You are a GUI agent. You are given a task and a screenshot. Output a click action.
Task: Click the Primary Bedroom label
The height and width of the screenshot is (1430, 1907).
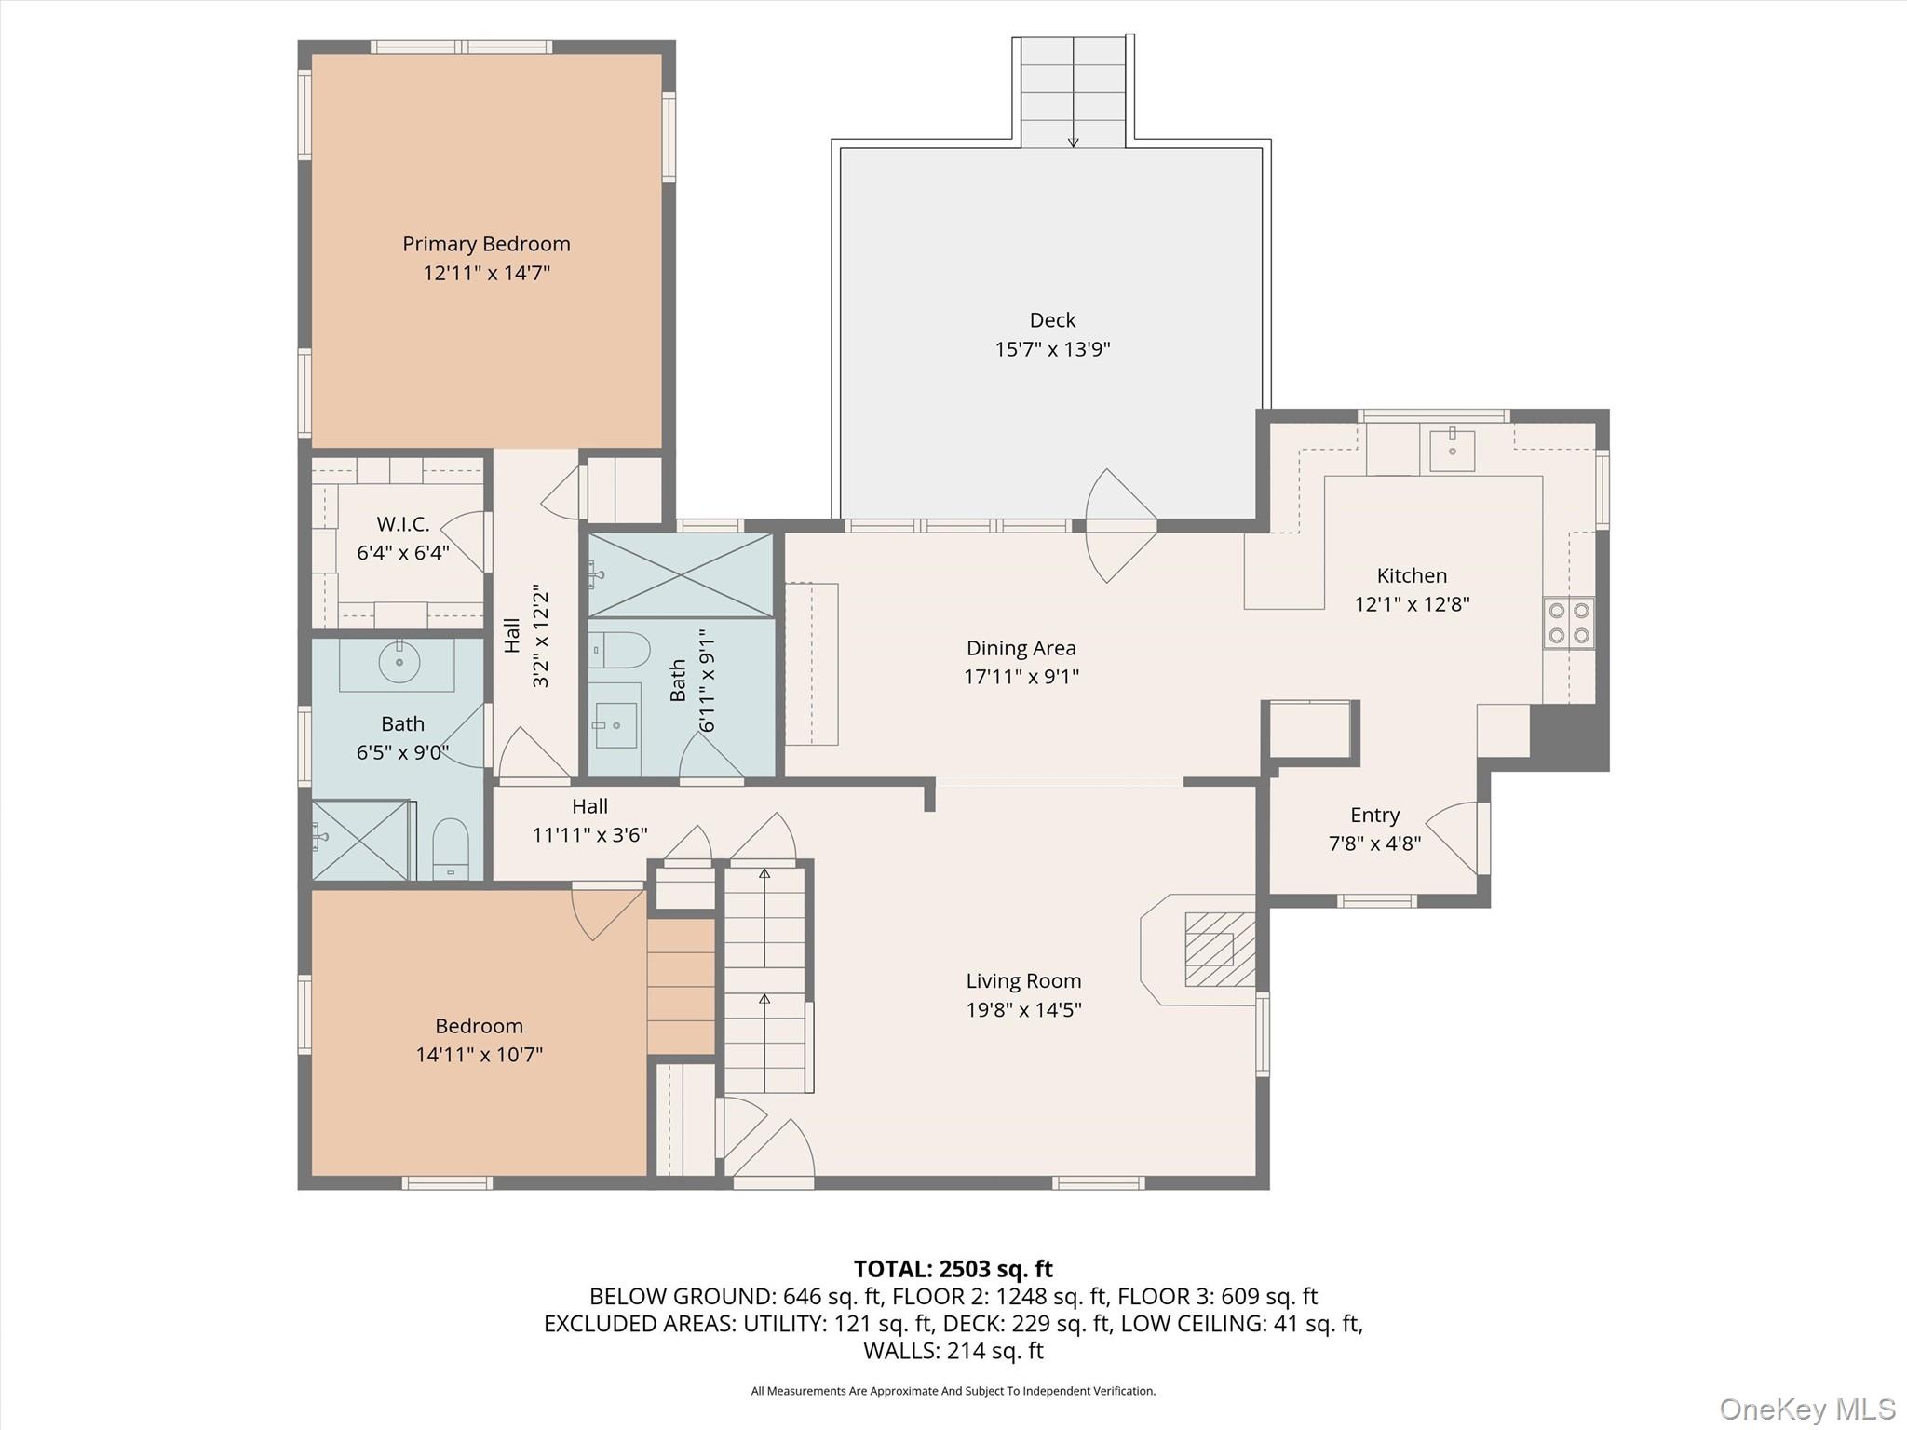(486, 244)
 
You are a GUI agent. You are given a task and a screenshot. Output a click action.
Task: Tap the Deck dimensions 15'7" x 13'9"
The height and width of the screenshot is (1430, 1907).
(1052, 349)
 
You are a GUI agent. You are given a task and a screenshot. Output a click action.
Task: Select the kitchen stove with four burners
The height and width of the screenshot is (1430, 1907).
(1568, 624)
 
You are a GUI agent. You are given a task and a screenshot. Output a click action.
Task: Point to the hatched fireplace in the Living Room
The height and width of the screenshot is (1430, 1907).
(1219, 949)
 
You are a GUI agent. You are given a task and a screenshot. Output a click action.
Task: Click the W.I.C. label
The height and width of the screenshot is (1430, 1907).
(402, 524)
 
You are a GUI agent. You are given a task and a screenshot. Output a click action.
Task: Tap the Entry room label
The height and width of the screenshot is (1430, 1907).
(1374, 816)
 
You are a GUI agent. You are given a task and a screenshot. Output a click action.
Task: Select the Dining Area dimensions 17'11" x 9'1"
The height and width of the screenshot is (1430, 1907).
(1021, 677)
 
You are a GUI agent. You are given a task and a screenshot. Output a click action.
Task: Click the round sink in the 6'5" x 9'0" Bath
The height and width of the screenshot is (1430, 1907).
(399, 662)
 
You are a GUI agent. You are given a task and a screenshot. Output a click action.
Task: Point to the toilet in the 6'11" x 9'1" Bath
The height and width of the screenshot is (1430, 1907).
(620, 650)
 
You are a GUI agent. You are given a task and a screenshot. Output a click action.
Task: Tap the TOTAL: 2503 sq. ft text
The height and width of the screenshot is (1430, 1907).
(953, 1269)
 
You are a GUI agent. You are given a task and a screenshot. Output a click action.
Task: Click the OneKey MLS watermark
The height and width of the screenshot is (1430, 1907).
(1806, 1409)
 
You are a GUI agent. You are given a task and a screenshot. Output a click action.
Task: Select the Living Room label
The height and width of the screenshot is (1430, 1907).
(1022, 980)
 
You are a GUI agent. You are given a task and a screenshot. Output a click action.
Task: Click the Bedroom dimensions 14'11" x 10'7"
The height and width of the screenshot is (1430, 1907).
(479, 1055)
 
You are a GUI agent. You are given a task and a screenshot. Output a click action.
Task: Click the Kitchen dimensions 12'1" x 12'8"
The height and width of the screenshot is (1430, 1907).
(1411, 604)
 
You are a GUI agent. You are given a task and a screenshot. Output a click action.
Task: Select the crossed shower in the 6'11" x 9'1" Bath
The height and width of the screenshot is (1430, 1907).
(681, 575)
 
